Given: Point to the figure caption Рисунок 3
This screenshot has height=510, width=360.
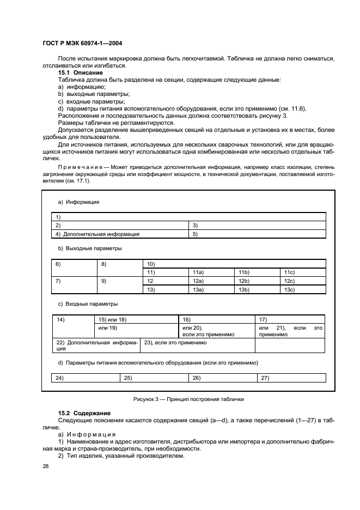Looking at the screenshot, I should pos(188,399).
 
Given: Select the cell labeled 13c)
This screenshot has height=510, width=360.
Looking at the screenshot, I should pos(303,290).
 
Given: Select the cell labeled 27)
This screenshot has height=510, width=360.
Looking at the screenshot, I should pos(291,378).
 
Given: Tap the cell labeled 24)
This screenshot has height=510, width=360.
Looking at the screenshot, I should pos(86,378).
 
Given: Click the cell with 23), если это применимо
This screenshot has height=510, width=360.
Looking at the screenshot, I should pos(198,345).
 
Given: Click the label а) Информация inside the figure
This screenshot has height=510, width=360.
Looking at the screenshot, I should pos(78,202).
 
